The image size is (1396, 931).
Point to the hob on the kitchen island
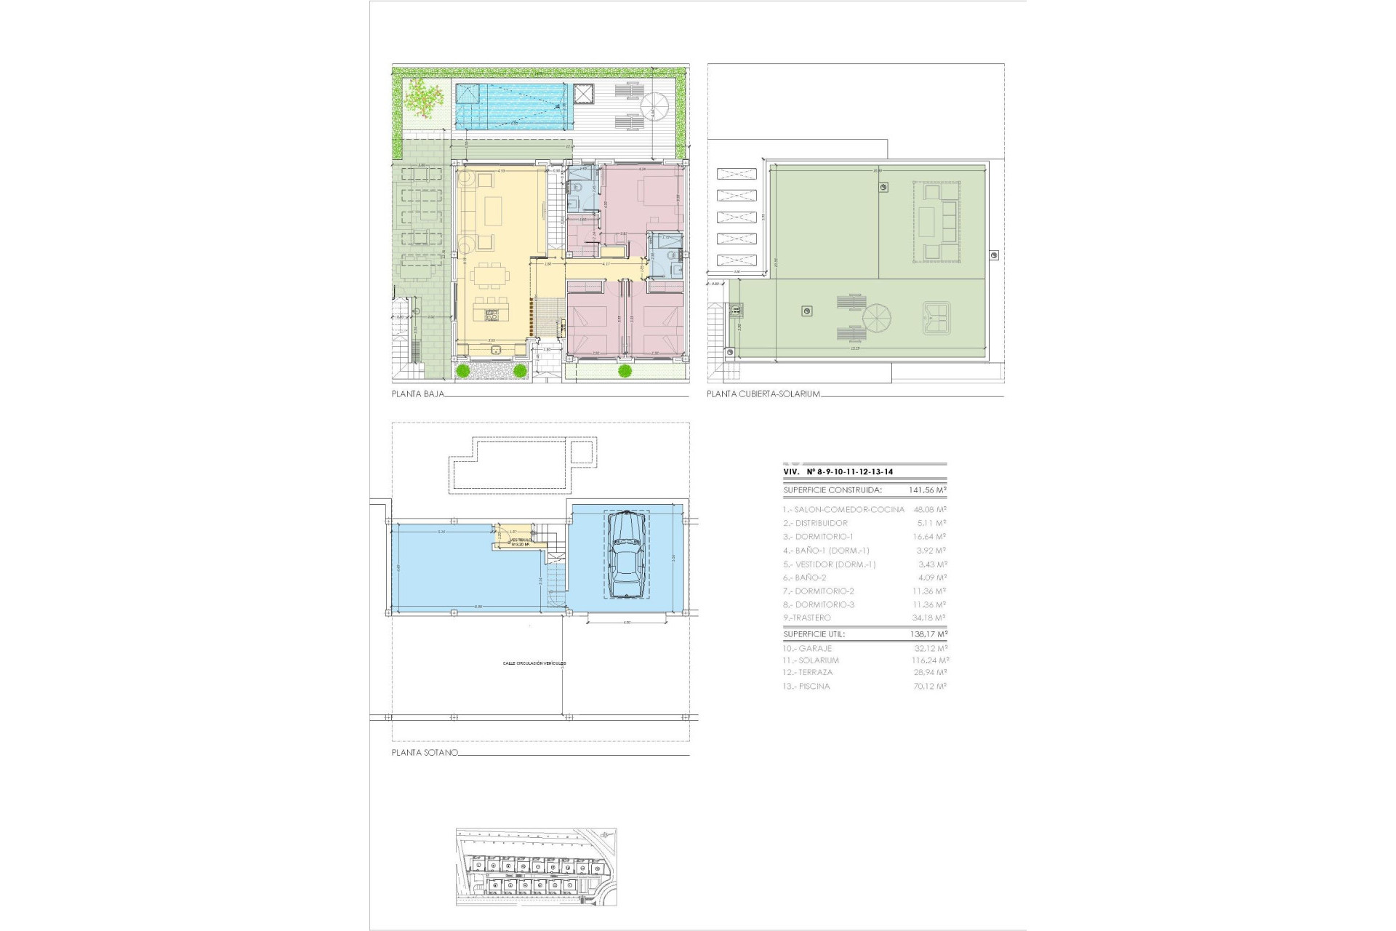tap(492, 315)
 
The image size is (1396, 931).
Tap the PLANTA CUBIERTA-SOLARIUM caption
tap(763, 394)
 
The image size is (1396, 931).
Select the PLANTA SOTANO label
tap(425, 753)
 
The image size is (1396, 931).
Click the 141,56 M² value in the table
tap(927, 491)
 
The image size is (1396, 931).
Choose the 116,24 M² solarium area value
tap(930, 660)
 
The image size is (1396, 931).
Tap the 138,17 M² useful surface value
tap(927, 634)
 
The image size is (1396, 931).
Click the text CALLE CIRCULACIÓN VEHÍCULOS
tap(534, 663)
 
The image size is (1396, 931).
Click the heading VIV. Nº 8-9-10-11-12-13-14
tap(838, 472)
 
